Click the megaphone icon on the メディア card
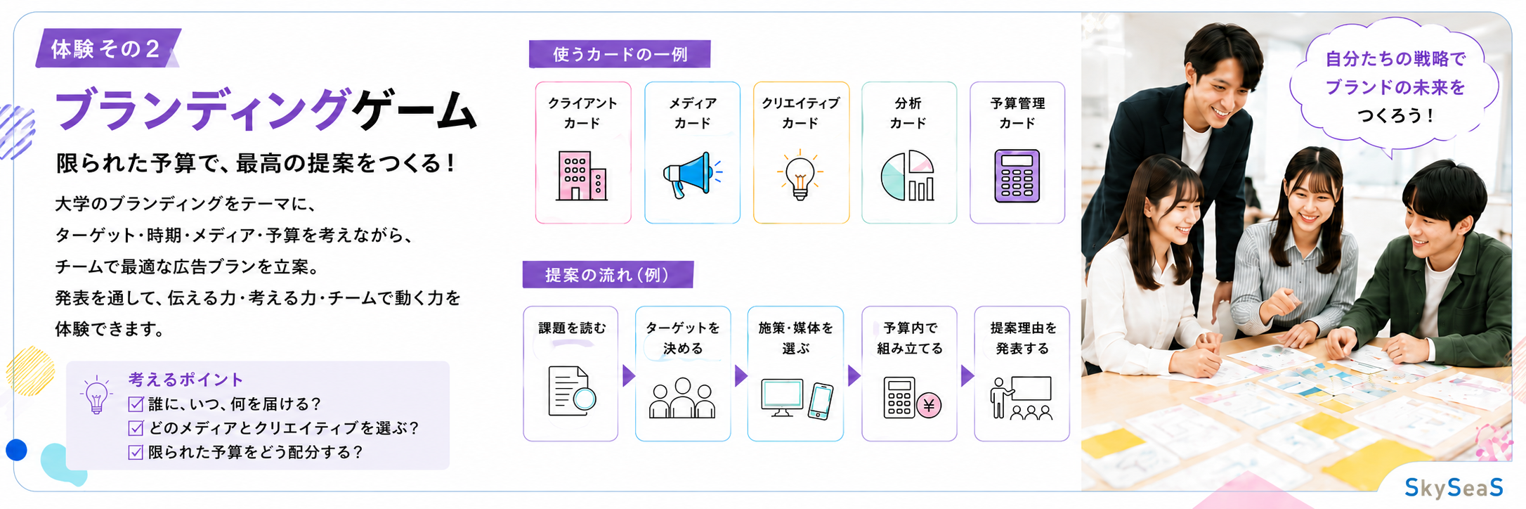[x=692, y=175]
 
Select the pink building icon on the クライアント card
[x=582, y=176]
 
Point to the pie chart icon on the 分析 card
[x=908, y=176]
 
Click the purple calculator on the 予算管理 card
[x=1017, y=176]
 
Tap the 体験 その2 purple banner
[x=108, y=49]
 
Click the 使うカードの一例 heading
[x=620, y=54]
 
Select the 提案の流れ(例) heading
[x=608, y=274]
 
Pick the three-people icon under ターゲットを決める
[x=682, y=398]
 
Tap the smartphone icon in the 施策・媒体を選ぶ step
[x=820, y=401]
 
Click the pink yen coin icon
[x=929, y=405]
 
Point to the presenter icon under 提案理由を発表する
[x=1021, y=398]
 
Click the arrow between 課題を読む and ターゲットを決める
[x=628, y=376]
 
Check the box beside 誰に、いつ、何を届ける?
[x=136, y=404]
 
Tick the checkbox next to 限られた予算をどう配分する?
[x=136, y=452]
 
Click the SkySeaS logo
[x=1454, y=487]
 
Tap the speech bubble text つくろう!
[x=1395, y=115]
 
